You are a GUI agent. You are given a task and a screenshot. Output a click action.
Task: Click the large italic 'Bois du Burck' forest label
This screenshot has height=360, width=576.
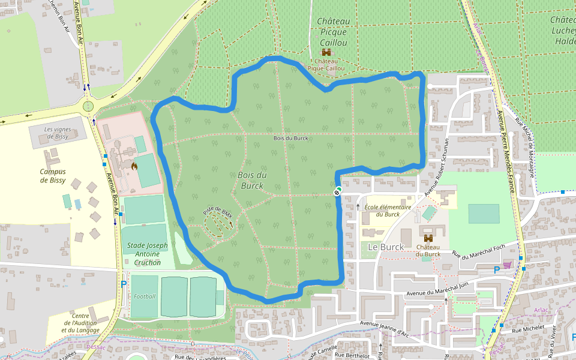252,180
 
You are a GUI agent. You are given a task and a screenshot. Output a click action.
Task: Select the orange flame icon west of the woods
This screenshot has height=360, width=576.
134,163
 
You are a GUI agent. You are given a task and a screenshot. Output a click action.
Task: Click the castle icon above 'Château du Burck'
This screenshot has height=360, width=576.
428,238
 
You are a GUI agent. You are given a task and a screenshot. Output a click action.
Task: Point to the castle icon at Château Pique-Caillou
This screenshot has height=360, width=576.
327,52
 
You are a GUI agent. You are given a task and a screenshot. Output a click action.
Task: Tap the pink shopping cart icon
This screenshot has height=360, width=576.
508,265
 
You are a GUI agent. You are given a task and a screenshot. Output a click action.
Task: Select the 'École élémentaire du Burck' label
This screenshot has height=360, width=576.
388,210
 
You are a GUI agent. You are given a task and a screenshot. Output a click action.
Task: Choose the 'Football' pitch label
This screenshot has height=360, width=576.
145,296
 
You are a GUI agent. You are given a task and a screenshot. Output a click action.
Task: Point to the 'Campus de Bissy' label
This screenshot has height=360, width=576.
53,176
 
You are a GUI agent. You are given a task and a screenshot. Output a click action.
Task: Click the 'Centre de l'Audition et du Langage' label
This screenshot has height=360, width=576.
85,323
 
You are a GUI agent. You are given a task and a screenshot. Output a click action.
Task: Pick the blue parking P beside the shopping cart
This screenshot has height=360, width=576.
496,270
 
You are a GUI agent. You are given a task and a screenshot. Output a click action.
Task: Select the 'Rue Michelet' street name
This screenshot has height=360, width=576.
528,329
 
